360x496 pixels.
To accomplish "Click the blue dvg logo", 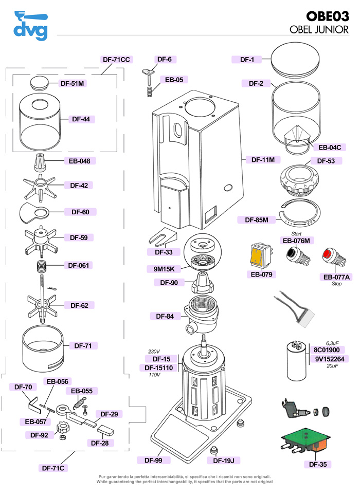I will pyautogui.click(x=30, y=25).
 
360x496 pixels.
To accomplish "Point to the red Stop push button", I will pyautogui.click(x=328, y=255).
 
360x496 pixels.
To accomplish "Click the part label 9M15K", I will pyautogui.click(x=165, y=269).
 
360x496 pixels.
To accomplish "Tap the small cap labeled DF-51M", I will pyautogui.click(x=39, y=82).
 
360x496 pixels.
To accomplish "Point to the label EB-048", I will pyautogui.click(x=79, y=161).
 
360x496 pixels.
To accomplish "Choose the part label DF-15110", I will pyautogui.click(x=161, y=368).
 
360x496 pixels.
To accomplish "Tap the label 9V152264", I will pyautogui.click(x=329, y=359).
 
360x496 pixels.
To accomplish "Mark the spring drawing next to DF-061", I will pyautogui.click(x=43, y=267).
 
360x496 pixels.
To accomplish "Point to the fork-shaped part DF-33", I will pyautogui.click(x=163, y=236).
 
